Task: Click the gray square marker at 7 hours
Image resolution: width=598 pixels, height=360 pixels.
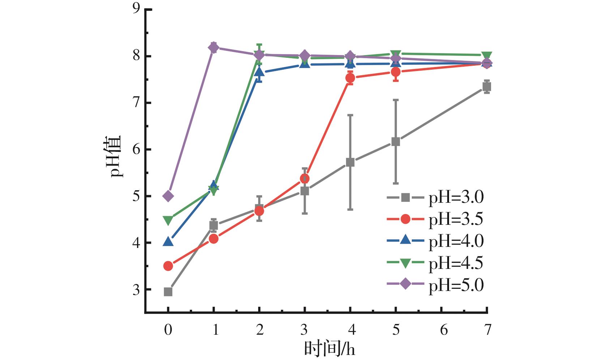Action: (x=487, y=87)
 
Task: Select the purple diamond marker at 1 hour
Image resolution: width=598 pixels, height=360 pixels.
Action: (x=214, y=47)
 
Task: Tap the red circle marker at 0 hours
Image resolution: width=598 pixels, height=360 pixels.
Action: (x=168, y=266)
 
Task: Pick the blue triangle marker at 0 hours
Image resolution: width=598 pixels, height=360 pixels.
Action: (x=168, y=241)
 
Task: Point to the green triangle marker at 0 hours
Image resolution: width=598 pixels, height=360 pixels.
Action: (x=168, y=220)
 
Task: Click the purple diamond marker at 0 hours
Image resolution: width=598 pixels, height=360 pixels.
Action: (x=168, y=196)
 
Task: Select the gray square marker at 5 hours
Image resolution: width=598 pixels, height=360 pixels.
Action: (x=396, y=141)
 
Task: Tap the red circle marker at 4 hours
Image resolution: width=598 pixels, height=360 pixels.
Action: (x=350, y=78)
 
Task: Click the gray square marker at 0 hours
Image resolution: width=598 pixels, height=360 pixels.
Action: (x=168, y=292)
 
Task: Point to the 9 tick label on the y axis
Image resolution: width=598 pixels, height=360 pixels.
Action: (x=136, y=9)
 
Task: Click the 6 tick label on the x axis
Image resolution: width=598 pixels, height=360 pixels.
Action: (x=444, y=330)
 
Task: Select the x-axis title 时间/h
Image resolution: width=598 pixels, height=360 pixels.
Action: (x=329, y=349)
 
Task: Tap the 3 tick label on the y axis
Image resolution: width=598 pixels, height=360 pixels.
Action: (x=136, y=290)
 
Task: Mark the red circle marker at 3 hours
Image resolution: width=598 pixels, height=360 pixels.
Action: (x=304, y=179)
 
